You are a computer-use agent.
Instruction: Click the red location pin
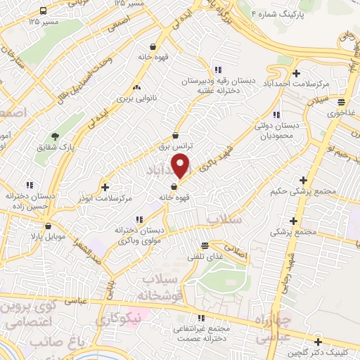click(x=181, y=166)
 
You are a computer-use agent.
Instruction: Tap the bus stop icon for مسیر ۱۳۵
click(x=44, y=11)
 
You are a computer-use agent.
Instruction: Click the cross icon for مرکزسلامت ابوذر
click(x=105, y=187)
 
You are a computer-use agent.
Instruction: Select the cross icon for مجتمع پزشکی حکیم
click(x=303, y=180)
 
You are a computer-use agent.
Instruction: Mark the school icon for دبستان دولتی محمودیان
click(x=276, y=115)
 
